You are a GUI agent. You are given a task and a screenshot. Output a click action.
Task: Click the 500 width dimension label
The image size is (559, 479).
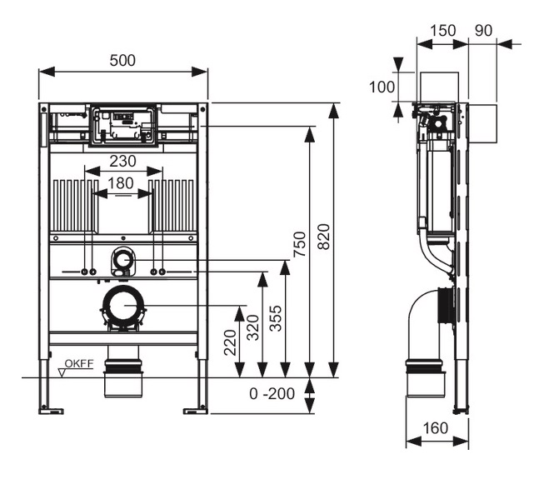[x=122, y=61]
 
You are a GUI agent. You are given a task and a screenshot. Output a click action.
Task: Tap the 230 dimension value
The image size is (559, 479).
[x=122, y=161]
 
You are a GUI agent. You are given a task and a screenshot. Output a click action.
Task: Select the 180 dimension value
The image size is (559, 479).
[x=122, y=182]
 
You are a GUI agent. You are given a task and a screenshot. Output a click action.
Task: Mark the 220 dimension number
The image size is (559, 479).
[x=230, y=341]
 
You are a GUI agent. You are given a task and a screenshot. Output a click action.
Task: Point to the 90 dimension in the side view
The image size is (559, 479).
[x=483, y=29]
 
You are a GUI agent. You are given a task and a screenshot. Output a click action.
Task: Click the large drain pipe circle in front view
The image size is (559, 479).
[x=122, y=306]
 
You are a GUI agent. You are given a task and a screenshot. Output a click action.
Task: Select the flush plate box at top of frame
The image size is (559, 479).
[x=122, y=123]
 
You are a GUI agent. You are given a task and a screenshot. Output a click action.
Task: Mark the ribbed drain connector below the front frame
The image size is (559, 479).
[x=122, y=367]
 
